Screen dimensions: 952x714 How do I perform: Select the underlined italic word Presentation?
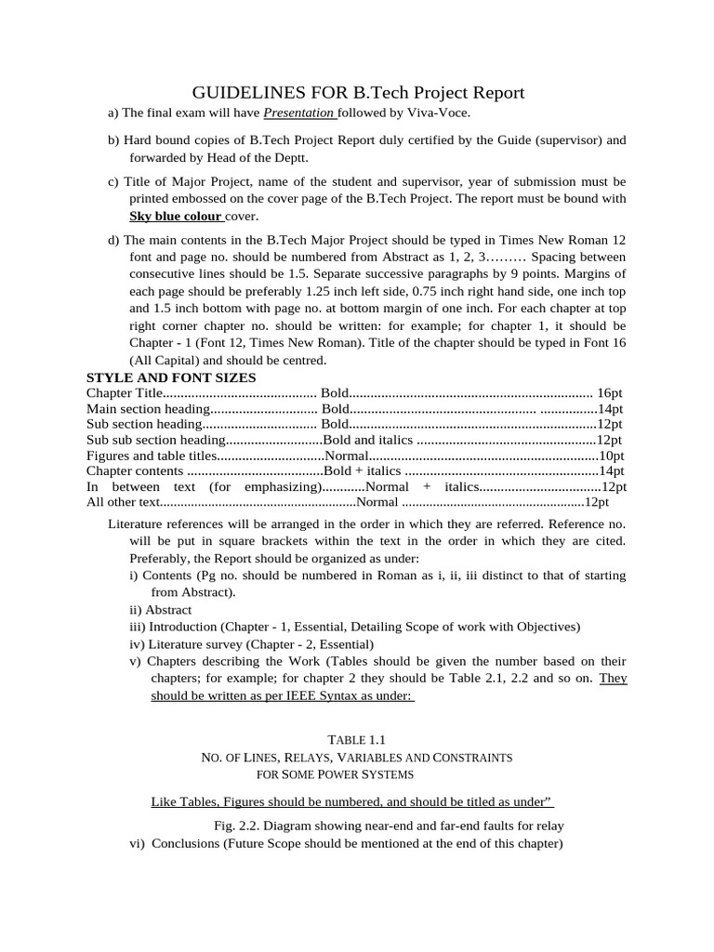click(298, 112)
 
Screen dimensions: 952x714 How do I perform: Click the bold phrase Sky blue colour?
click(176, 216)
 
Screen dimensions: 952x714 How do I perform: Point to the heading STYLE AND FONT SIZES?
click(171, 377)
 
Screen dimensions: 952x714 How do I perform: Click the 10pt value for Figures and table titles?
click(611, 456)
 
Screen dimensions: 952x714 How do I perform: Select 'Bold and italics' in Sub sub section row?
click(368, 440)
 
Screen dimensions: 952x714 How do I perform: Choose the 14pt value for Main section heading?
click(610, 409)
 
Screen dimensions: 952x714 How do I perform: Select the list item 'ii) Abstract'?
click(160, 610)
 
